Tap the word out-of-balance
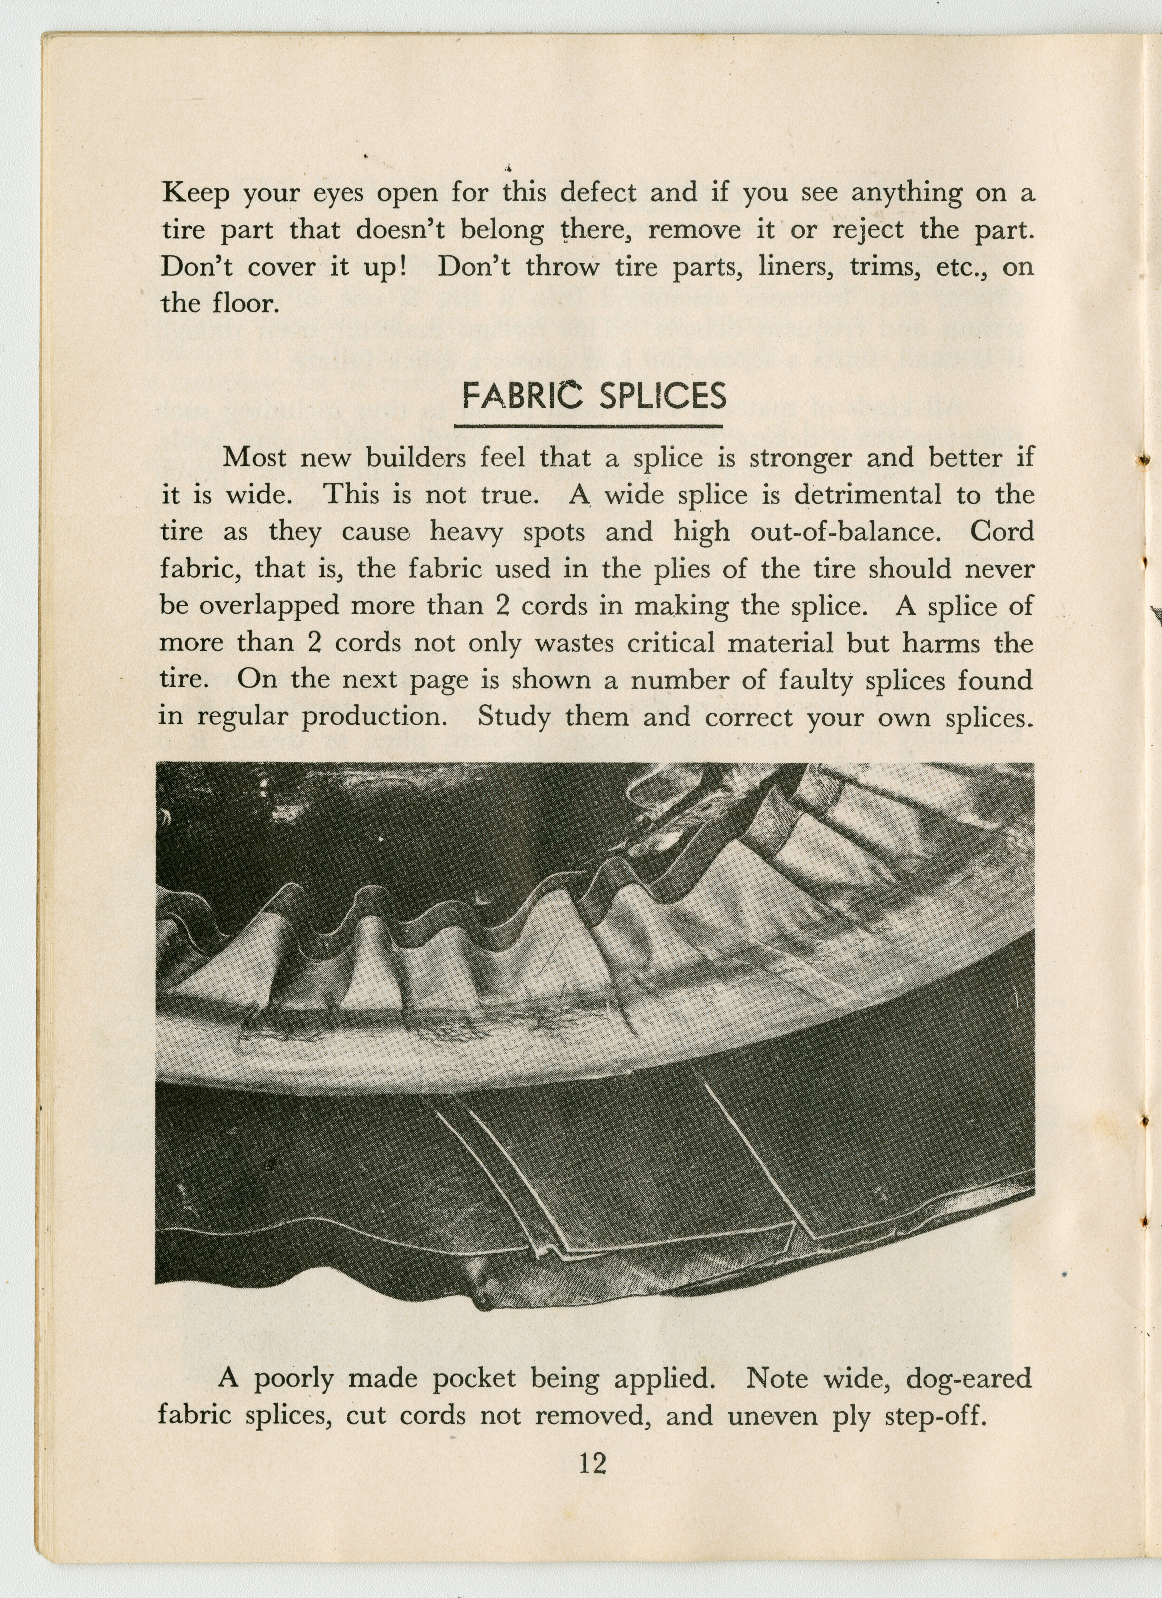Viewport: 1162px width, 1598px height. point(846,531)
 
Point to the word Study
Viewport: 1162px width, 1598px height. point(514,717)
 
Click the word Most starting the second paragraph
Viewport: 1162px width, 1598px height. point(255,458)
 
